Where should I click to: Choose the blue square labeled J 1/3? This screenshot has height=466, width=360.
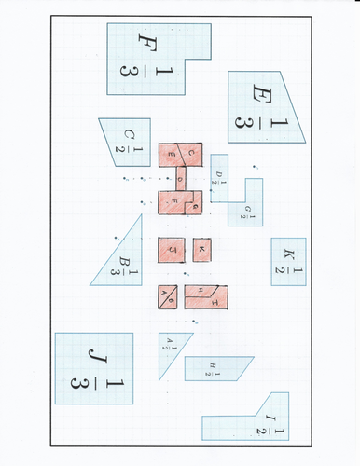coord(93,369)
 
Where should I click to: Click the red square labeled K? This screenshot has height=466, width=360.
coord(202,251)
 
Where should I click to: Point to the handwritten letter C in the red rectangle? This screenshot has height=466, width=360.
coord(191,151)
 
